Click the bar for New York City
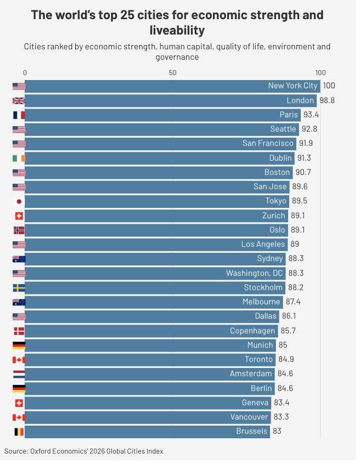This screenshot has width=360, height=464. coord(172,86)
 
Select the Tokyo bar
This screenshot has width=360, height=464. coord(157,201)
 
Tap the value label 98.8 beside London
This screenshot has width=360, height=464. coord(327,100)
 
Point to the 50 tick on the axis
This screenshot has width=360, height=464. coord(173,73)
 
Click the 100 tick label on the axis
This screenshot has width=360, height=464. coord(320,73)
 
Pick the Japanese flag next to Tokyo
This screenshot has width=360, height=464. coord(19,201)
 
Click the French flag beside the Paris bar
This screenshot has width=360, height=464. coord(19,115)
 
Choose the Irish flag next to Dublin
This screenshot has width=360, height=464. coord(19,159)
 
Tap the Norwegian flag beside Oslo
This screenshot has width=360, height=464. coord(19,230)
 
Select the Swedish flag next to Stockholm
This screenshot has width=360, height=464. coord(19,288)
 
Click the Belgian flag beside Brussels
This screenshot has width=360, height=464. coord(19,432)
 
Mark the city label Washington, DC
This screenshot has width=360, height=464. coord(255,273)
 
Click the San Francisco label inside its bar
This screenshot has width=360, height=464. coord(268,143)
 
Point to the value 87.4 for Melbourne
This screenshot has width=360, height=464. coord(293,302)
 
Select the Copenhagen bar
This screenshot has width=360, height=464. coord(151,331)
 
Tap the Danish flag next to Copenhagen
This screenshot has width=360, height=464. coord(19,331)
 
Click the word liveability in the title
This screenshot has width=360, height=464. coord(177,30)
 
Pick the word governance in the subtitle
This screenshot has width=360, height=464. coord(177,57)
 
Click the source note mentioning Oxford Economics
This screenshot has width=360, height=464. coord(84,451)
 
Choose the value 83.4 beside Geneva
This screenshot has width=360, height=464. coord(282,403)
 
